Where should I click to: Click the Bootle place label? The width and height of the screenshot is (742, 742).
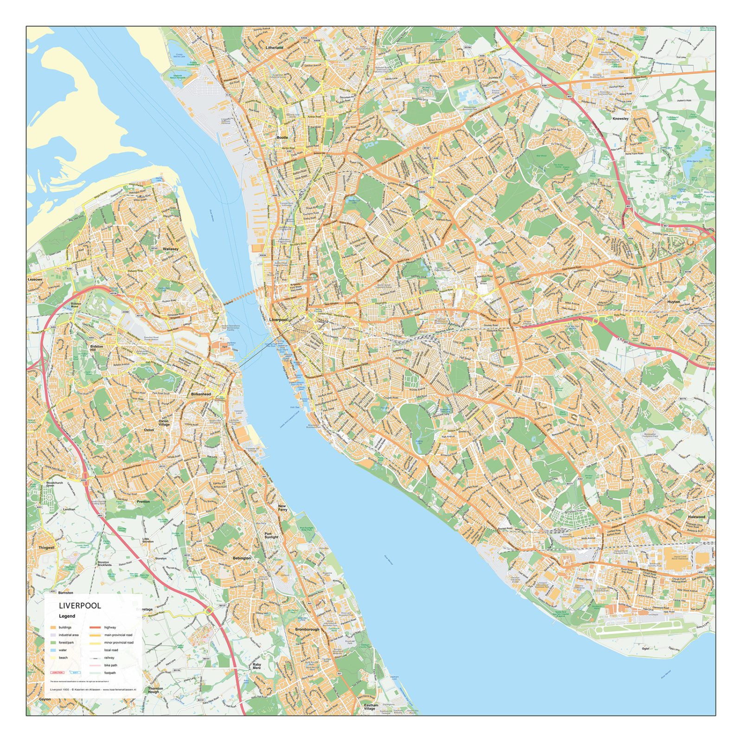[x=282, y=138]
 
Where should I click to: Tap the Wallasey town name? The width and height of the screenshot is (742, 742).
[x=170, y=249]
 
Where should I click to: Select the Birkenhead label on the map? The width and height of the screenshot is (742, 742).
[x=201, y=394]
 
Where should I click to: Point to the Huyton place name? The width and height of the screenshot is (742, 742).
[x=673, y=301]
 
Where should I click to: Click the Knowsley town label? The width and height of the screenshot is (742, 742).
[x=620, y=119]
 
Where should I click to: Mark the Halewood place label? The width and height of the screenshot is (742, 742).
[x=696, y=517]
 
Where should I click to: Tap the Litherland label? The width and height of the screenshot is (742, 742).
[x=274, y=48]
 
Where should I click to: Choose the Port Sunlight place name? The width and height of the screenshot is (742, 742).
[x=271, y=536]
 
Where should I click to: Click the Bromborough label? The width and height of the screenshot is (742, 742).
[x=307, y=629]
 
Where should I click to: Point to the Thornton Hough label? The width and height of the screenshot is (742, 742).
[x=155, y=690]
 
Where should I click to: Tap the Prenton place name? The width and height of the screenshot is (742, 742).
[x=143, y=501]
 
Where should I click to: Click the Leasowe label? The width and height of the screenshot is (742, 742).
[x=35, y=280]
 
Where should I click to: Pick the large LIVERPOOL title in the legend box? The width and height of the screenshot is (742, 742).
[x=80, y=605]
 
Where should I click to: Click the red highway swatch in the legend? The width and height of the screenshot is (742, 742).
[x=95, y=627]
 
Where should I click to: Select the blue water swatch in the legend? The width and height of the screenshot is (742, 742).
[x=53, y=650]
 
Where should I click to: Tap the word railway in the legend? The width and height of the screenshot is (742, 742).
[x=109, y=658]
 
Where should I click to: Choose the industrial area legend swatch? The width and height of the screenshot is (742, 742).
[x=53, y=635]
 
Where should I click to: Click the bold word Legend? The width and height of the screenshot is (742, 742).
[x=67, y=616]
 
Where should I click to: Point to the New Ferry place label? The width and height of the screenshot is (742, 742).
[x=282, y=508]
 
